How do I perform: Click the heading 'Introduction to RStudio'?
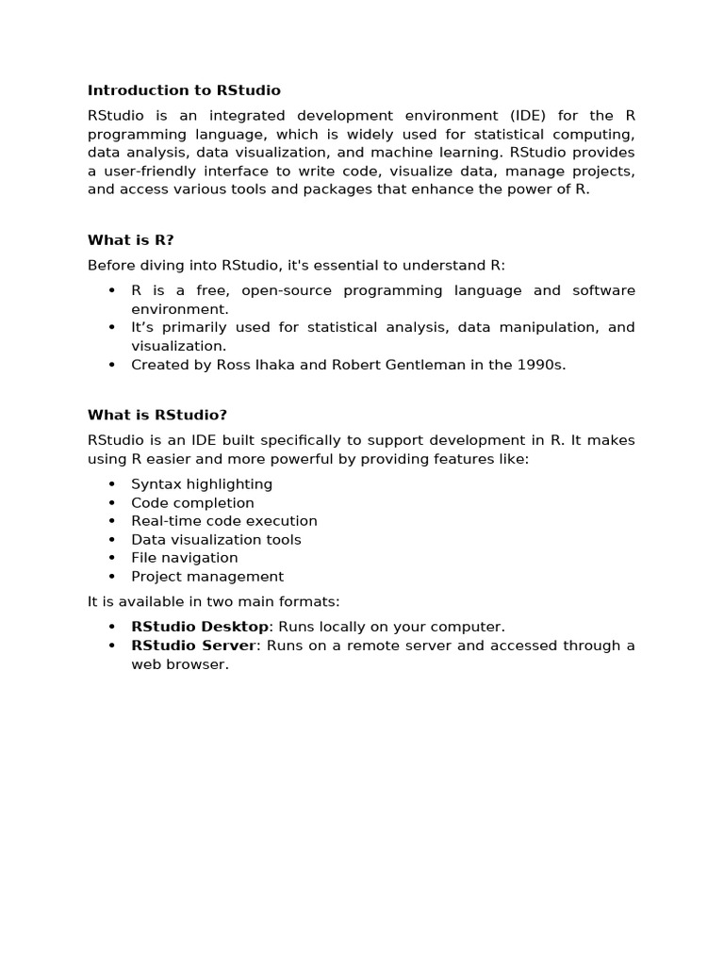(184, 90)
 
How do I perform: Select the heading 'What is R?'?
(131, 240)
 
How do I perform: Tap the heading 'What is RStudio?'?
(157, 415)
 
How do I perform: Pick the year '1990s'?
(541, 365)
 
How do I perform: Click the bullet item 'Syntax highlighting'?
(202, 484)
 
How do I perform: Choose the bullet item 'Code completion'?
(192, 503)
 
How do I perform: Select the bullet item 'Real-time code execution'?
(224, 521)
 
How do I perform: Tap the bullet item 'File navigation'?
(185, 558)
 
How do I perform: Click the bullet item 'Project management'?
(207, 577)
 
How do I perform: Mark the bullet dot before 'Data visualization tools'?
(111, 540)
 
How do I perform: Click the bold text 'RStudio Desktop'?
(200, 627)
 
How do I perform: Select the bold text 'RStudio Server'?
(193, 646)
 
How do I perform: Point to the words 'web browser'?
(179, 664)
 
